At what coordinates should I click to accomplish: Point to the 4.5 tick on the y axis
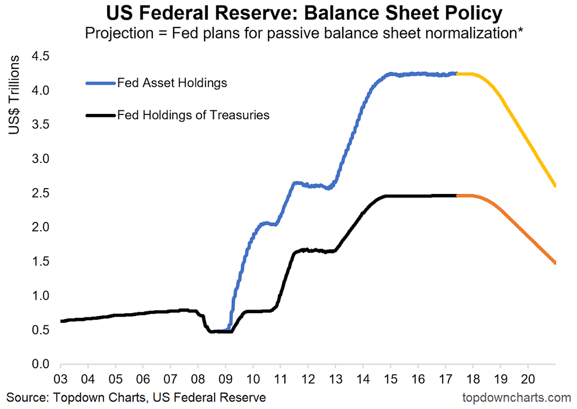41,57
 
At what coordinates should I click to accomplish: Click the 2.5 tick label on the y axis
41,193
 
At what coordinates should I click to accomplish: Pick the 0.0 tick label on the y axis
41,365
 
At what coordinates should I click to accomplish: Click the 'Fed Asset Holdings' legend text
172,82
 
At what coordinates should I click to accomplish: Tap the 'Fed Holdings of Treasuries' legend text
193,115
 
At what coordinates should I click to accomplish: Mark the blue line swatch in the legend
100,83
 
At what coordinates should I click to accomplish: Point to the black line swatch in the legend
100,116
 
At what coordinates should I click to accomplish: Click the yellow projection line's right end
555,185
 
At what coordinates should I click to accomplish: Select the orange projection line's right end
555,263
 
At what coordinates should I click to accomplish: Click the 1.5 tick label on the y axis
41,262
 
